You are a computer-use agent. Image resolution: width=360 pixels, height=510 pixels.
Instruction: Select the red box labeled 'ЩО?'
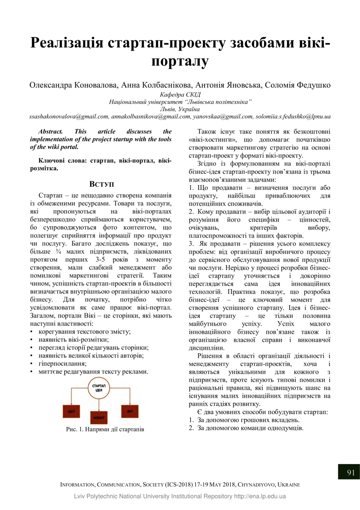71,411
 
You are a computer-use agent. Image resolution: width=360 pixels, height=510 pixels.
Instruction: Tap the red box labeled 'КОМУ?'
99,417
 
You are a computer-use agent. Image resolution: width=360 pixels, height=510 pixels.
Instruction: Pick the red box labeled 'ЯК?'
129,411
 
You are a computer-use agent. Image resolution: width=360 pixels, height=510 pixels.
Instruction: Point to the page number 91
351,472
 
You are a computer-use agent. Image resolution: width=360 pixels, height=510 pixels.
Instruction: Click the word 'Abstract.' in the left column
50,132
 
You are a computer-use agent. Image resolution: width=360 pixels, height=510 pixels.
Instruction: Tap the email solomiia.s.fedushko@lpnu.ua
293,117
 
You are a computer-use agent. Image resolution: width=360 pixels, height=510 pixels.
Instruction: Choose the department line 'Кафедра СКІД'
180,95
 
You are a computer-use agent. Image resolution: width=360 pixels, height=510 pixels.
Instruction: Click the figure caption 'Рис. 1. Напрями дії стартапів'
105,429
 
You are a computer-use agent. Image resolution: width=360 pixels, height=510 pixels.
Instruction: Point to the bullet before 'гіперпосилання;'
32,364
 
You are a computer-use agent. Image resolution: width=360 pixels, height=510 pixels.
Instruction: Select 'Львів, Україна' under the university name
180,109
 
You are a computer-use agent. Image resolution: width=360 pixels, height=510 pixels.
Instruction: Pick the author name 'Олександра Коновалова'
74,85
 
